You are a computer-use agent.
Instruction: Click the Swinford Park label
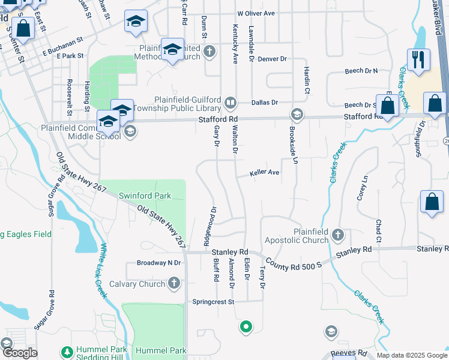(145, 196)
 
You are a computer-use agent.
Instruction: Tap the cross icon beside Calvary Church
(174, 283)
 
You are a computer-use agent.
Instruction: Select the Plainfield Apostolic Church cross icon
(338, 235)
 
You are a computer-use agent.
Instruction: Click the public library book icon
(230, 104)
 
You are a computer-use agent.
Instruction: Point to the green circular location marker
(245, 327)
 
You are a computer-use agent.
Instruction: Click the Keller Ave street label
(265, 173)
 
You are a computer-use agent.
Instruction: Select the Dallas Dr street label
(265, 103)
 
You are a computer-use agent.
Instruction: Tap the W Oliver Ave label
(256, 13)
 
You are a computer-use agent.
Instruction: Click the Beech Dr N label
(361, 71)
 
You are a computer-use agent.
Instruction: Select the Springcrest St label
(213, 302)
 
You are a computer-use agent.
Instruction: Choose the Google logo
(19, 353)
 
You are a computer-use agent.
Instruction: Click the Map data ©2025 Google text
(412, 355)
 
